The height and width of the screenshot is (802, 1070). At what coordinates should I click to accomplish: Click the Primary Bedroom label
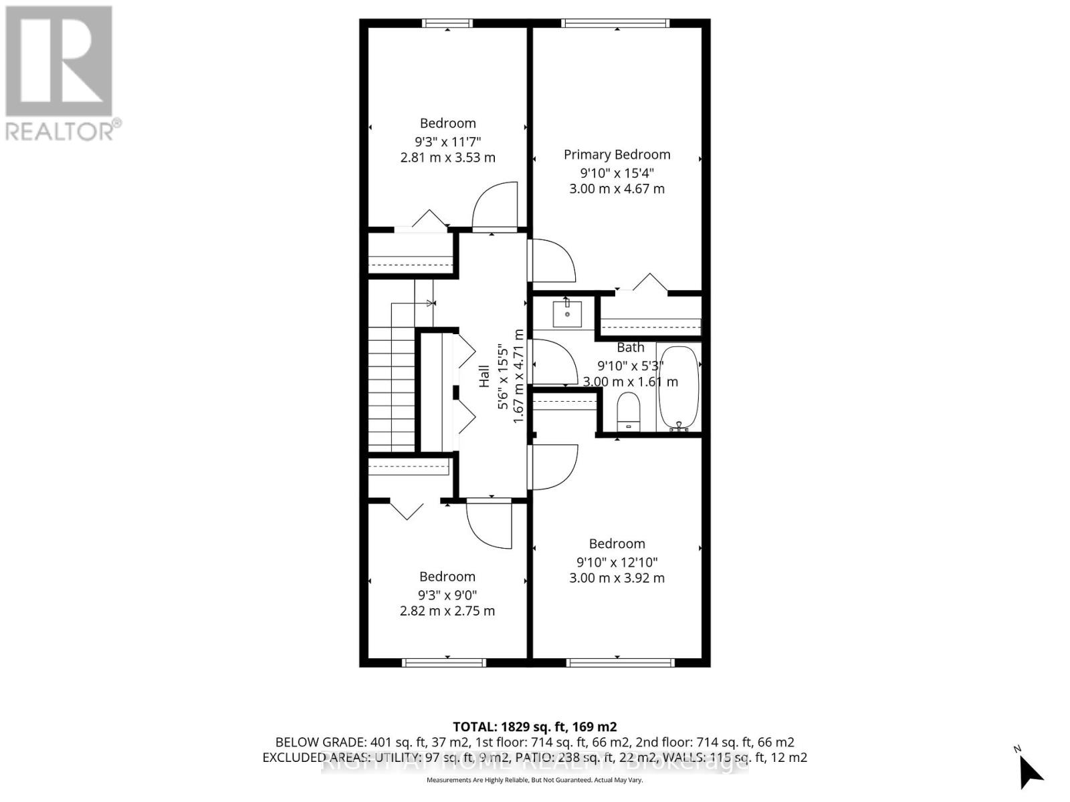pos(617,154)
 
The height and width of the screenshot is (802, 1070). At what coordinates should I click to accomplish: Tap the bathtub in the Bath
pos(678,388)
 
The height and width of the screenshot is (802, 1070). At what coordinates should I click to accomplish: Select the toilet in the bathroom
pos(628,412)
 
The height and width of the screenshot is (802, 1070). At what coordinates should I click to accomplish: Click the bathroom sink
pos(567,313)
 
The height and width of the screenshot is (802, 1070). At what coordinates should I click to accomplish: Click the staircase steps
pos(392,388)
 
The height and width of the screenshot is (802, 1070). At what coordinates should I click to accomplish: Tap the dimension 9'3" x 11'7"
pos(447,141)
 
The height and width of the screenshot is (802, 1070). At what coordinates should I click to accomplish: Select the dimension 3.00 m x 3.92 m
pos(617,577)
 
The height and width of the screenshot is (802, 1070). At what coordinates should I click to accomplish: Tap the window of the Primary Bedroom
pos(615,23)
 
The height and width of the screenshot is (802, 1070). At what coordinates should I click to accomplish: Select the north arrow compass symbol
pos(1030,772)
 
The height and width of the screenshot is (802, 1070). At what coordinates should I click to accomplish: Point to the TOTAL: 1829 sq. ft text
pos(534,726)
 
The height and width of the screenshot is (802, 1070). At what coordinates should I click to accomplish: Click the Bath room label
pos(630,348)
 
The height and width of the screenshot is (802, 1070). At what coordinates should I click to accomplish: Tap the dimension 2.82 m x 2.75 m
pos(447,611)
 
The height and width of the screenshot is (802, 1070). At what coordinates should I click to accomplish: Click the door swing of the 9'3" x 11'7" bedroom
pos(496,206)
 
